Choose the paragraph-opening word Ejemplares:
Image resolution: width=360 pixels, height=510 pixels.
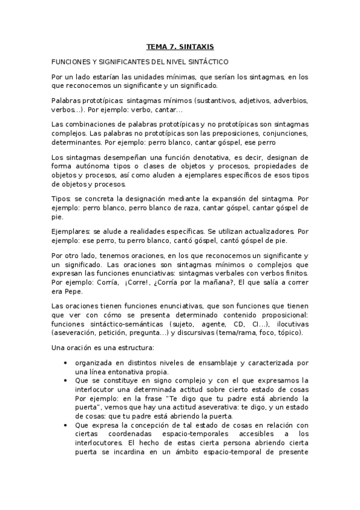(x=71, y=231)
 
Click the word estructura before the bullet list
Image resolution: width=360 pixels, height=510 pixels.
(x=135, y=348)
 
